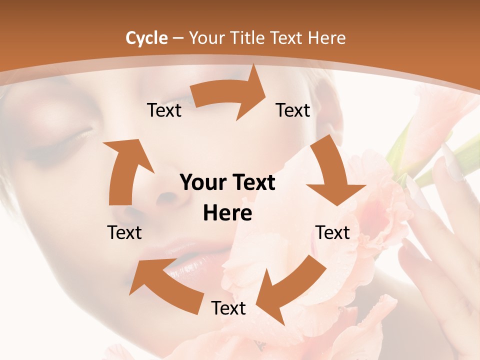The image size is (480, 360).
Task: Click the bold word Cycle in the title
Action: coord(146,38)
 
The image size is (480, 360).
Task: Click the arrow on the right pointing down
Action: coord(332,172)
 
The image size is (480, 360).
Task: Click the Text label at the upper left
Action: coord(164,110)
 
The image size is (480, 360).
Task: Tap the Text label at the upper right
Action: coord(293,110)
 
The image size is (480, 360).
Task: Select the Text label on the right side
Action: coord(332,232)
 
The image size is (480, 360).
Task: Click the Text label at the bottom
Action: coord(228,308)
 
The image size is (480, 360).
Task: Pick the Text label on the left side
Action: coord(124,232)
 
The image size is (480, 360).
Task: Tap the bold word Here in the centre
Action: coord(227,213)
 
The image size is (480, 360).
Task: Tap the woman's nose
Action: coord(170,197)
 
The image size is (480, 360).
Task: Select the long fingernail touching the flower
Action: coord(452,162)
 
